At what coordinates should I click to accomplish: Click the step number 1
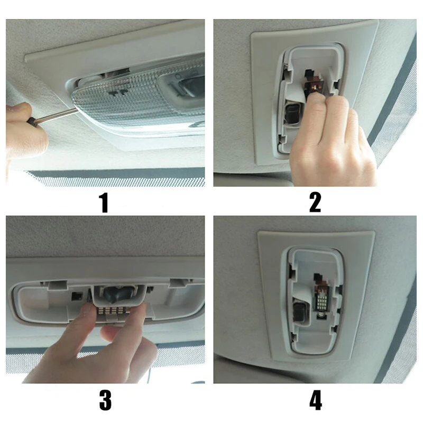point(104,202)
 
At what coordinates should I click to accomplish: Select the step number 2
point(315,202)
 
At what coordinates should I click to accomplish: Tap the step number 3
point(105,400)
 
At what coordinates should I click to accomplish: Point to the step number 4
point(316,400)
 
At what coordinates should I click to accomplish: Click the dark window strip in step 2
point(394,106)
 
